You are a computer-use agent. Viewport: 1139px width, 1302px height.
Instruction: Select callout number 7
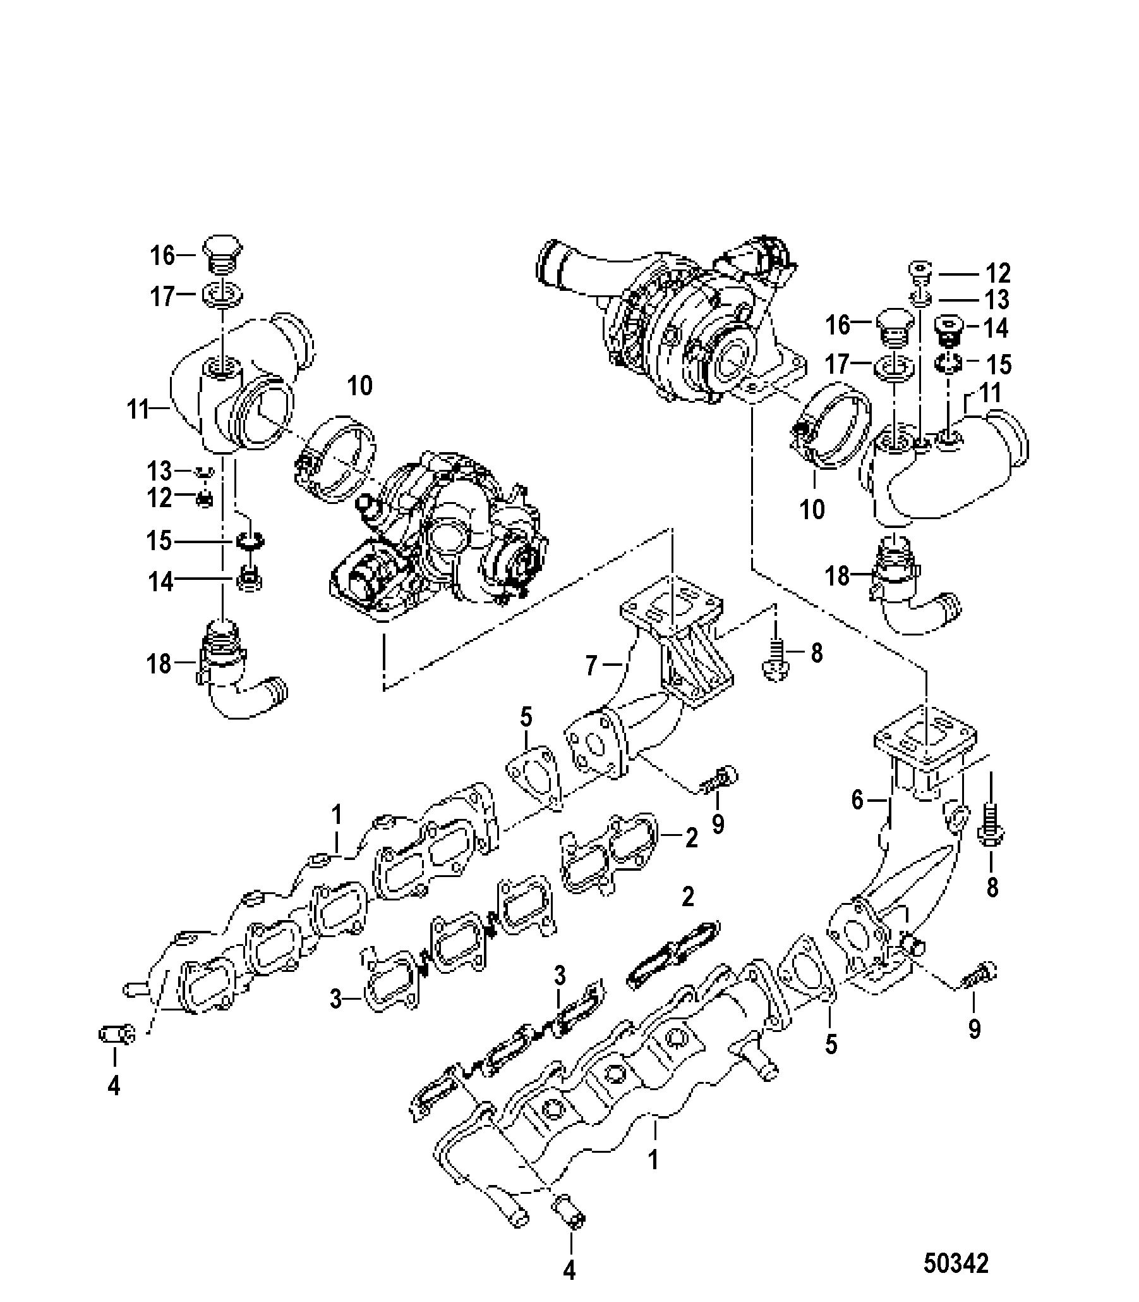point(591,666)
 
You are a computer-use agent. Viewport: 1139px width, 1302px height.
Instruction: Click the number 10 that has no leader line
point(360,386)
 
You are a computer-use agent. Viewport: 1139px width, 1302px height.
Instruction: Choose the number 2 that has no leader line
point(688,897)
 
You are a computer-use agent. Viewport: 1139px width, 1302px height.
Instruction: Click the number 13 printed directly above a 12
point(159,471)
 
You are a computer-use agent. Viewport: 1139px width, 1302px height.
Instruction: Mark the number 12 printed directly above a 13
point(997,273)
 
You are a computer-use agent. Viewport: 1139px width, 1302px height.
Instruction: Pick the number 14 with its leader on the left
point(996,328)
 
